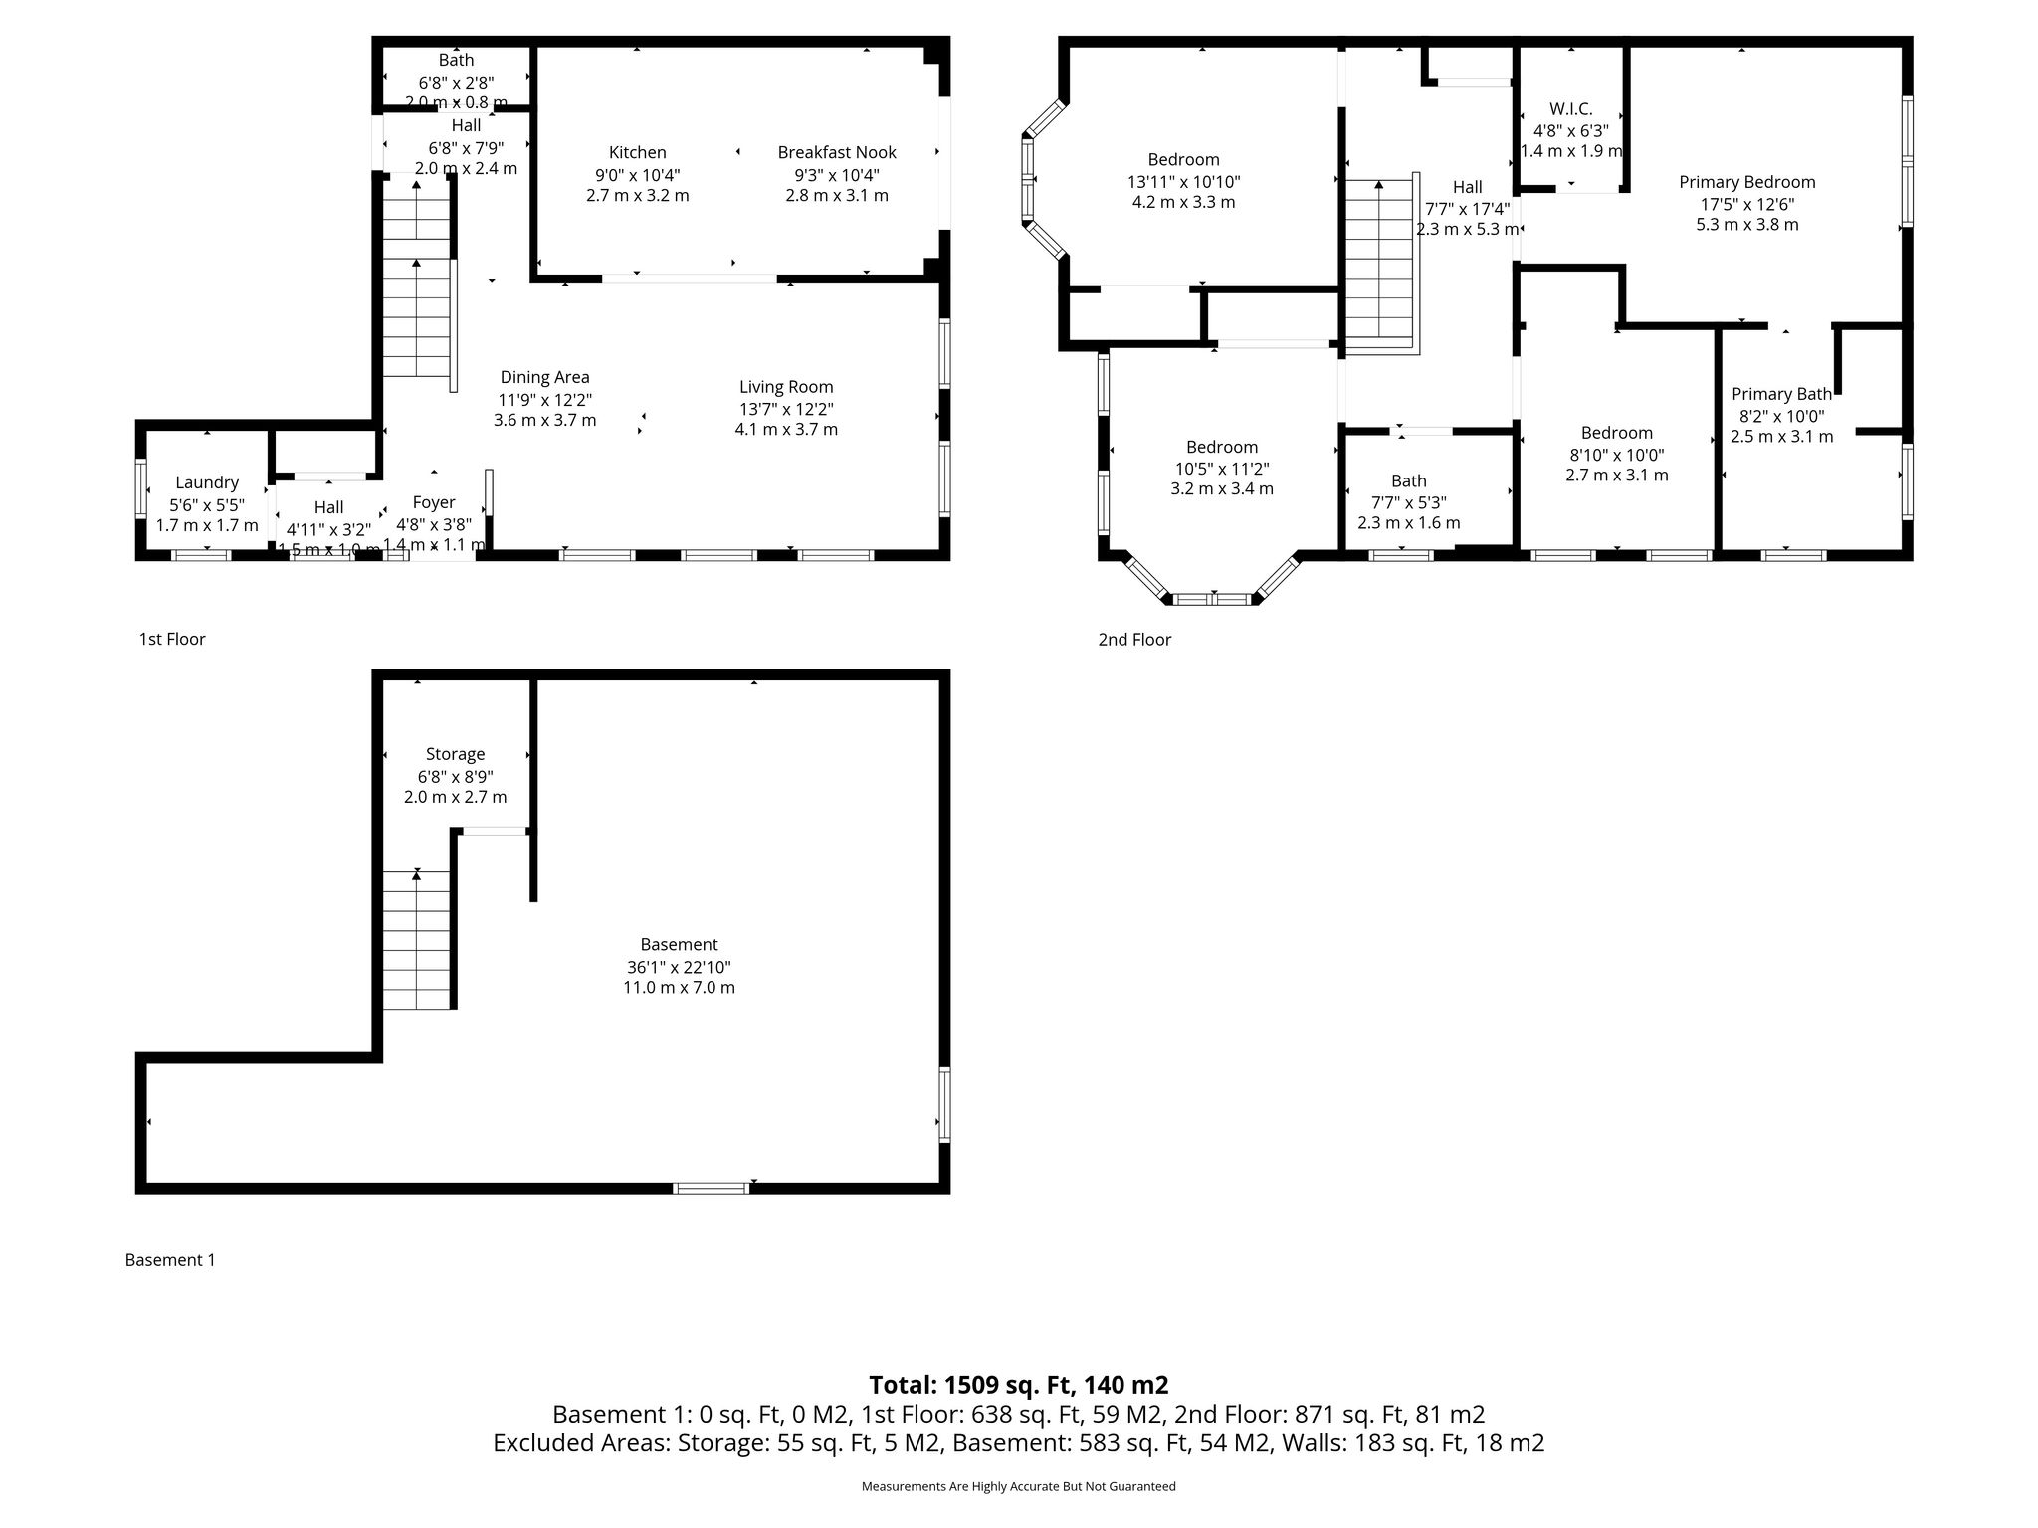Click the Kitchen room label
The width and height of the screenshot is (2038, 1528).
click(638, 152)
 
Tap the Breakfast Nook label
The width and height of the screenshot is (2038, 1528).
click(837, 152)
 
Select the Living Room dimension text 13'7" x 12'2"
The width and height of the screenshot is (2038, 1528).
click(786, 409)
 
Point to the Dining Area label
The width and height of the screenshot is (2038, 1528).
click(544, 377)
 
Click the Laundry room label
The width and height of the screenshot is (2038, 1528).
click(207, 483)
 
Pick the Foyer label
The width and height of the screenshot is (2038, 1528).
click(434, 503)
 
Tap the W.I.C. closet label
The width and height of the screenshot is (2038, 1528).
click(1571, 109)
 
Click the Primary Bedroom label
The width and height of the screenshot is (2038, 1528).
click(1747, 182)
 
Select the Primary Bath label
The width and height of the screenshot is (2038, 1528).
click(1781, 394)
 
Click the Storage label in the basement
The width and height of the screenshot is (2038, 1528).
click(455, 754)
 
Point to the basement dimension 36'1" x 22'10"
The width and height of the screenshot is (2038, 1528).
click(679, 967)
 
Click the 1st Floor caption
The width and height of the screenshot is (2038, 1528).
click(172, 639)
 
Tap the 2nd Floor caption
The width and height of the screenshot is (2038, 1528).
click(1134, 640)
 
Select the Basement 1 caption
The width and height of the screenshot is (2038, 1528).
click(170, 1260)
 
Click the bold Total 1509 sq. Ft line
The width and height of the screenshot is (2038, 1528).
click(1018, 1385)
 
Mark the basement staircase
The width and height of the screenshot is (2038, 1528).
click(417, 940)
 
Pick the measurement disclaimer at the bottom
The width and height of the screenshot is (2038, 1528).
click(1018, 1486)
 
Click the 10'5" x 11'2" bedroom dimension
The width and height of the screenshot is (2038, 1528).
click(1222, 469)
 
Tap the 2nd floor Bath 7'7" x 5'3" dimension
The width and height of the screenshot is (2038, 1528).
click(1409, 502)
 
